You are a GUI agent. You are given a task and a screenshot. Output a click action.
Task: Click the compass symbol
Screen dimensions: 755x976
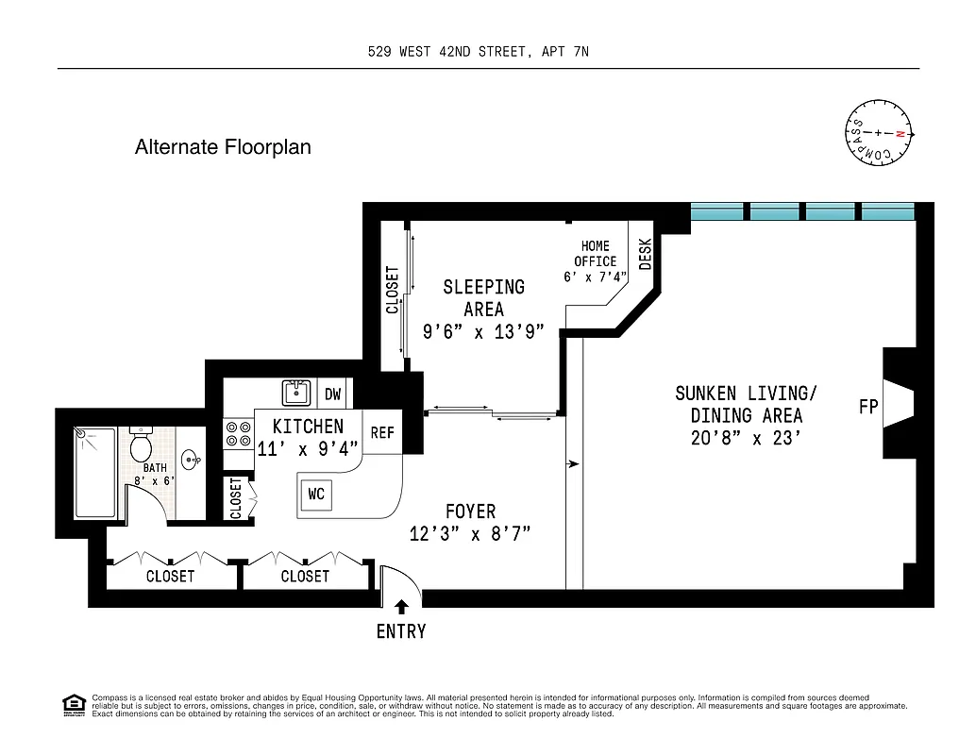pyautogui.click(x=879, y=134)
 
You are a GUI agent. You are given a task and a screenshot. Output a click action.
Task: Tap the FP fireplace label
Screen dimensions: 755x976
pyautogui.click(x=868, y=408)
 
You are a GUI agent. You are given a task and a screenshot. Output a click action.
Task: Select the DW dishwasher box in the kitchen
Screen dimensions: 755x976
pyautogui.click(x=332, y=394)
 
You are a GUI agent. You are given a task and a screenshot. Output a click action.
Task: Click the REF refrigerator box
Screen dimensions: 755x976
pyautogui.click(x=382, y=433)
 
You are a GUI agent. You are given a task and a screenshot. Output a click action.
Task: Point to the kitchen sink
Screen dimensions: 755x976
pyautogui.click(x=296, y=393)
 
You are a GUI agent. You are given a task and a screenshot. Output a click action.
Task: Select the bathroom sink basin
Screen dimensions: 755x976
pyautogui.click(x=190, y=461)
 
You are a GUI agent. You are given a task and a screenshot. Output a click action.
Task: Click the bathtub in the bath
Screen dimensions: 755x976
pyautogui.click(x=95, y=473)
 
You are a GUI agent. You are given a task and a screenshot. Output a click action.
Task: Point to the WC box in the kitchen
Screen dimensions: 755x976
pyautogui.click(x=316, y=494)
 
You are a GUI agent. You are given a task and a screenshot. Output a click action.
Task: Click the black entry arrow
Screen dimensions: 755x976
pyautogui.click(x=401, y=607)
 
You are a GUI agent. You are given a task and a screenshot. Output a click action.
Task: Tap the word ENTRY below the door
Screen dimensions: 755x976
pyautogui.click(x=401, y=631)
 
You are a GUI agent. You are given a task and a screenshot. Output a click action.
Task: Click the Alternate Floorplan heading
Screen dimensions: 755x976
pyautogui.click(x=223, y=147)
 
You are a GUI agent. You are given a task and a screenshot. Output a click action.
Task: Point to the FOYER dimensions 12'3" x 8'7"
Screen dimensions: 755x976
pyautogui.click(x=470, y=533)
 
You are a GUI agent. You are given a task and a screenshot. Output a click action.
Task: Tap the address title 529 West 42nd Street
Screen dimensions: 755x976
pyautogui.click(x=478, y=52)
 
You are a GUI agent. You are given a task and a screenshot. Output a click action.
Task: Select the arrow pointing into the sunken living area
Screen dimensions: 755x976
pyautogui.click(x=573, y=464)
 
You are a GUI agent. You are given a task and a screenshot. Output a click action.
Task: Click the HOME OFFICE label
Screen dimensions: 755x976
pyautogui.click(x=595, y=254)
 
